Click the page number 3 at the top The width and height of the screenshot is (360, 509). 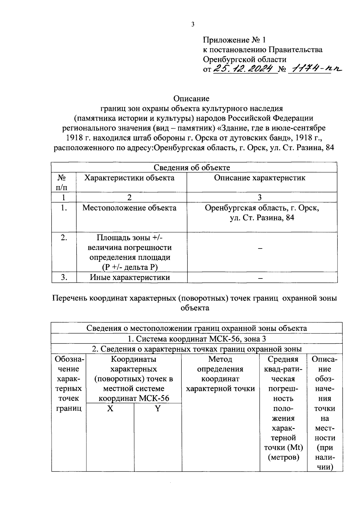click(193, 25)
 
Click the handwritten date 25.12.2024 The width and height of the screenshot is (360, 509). click(244, 69)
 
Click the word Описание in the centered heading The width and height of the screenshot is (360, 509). click(191, 98)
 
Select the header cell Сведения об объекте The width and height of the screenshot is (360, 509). click(192, 168)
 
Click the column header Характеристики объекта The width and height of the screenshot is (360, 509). click(129, 178)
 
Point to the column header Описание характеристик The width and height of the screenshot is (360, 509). click(259, 178)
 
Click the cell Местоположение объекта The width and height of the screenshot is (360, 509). click(129, 208)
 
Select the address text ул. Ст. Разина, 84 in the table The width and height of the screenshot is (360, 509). click(262, 218)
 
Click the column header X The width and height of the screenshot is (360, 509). click(110, 409)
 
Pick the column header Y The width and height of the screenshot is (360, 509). click(157, 409)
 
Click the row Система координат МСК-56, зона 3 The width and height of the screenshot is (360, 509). click(196, 339)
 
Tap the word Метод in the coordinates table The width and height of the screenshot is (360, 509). click(220, 359)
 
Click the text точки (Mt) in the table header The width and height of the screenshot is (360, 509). click(283, 448)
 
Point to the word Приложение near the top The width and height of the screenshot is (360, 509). click(226, 40)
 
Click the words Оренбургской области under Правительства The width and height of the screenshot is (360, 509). click(244, 59)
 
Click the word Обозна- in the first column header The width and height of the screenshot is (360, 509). click(69, 359)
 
